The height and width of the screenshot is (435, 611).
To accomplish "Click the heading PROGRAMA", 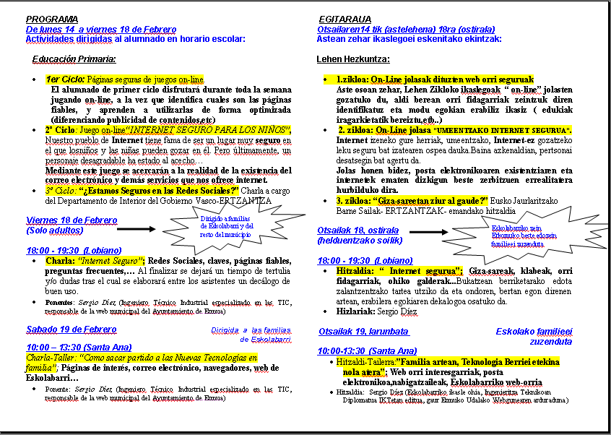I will click(52, 19).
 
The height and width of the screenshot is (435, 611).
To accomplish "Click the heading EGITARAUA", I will click(344, 19).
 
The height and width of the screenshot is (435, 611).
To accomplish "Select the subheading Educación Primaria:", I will click(74, 59).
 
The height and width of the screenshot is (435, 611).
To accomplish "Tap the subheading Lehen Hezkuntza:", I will click(353, 59).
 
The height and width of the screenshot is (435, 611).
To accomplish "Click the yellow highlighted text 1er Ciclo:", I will click(65, 79).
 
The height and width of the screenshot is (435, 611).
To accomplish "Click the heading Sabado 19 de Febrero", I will click(71, 330).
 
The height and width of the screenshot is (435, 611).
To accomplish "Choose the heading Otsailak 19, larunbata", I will click(363, 332).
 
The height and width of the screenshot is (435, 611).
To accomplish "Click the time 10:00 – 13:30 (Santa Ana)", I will click(79, 348).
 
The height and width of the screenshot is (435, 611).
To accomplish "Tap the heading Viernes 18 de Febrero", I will click(71, 220).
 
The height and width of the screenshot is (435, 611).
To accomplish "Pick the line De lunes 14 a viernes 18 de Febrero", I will click(101, 29).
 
